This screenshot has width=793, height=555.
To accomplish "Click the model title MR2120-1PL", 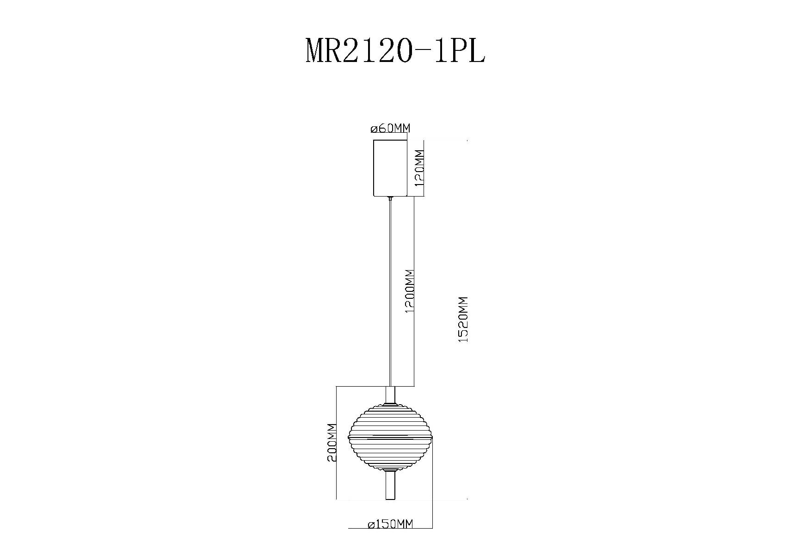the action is point(395,51).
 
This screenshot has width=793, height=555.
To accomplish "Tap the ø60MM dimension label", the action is point(390,128).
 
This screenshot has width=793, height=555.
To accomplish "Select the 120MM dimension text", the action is point(419,167).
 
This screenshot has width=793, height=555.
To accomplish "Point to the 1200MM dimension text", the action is point(409,291).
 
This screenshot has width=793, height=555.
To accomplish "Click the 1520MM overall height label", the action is point(464,319).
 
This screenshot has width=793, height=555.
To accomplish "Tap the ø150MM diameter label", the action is point(390,524).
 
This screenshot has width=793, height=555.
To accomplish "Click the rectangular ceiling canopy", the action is point(390,167).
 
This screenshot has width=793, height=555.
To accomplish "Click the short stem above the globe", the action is point(391,395).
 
